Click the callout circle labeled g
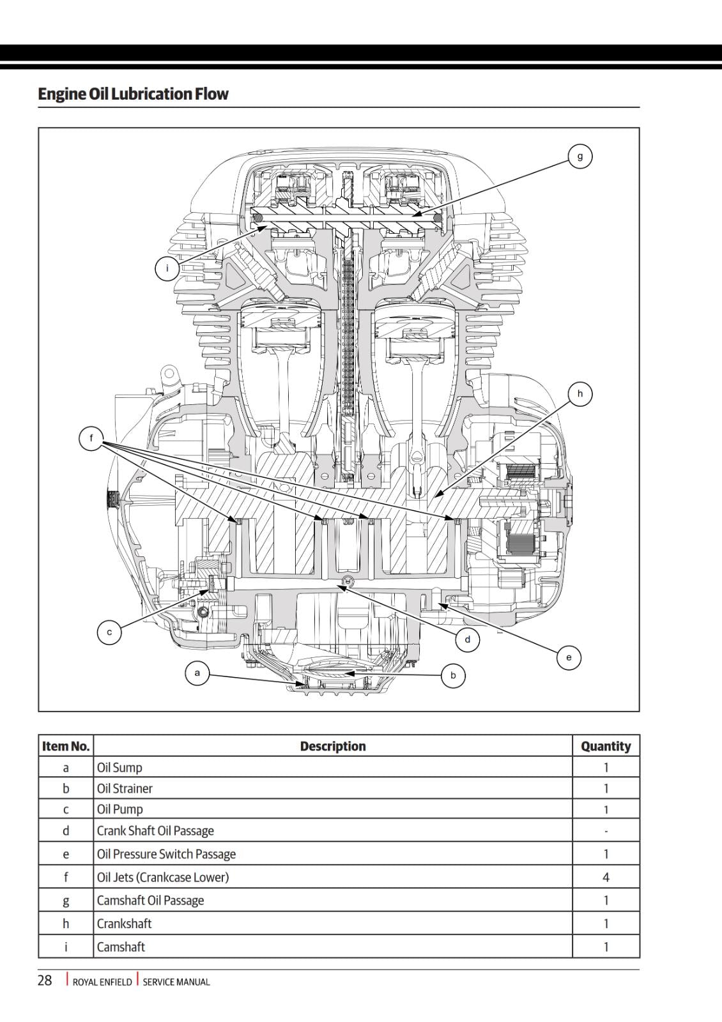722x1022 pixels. tap(580, 156)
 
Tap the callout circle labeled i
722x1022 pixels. tap(167, 268)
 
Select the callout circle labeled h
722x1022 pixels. tap(580, 393)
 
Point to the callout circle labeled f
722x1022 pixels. tap(91, 438)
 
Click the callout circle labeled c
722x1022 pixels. tap(109, 632)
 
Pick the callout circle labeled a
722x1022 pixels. tap(197, 673)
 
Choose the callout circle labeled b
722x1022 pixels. tap(453, 675)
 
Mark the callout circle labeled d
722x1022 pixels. tap(468, 639)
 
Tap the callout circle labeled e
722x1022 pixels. tap(569, 657)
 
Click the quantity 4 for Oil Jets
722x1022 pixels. tap(606, 878)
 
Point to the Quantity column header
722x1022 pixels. tap(606, 746)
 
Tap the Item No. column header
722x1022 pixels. tap(66, 746)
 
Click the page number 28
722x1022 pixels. tap(45, 980)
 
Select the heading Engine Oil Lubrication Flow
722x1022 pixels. tap(133, 94)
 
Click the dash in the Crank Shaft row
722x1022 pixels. tap(606, 831)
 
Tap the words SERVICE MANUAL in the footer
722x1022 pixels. tap(176, 982)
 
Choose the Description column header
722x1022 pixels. tap(333, 746)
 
